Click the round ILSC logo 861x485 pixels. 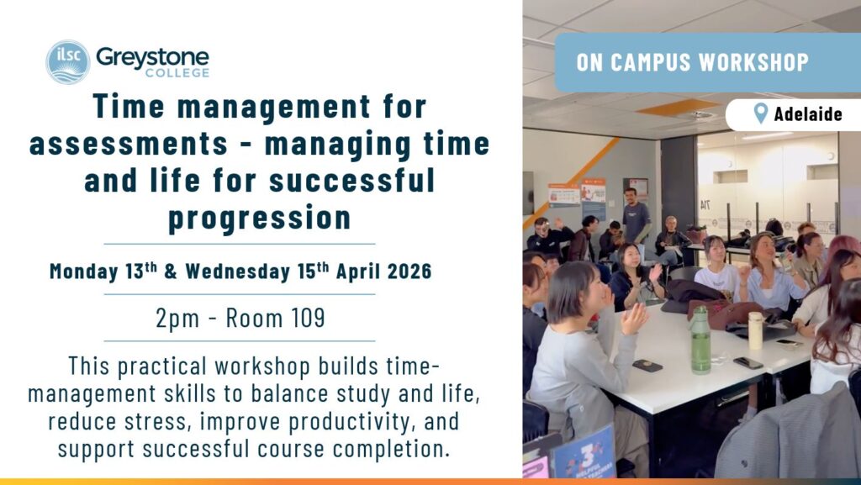tap(67, 62)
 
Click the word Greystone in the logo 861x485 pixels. tap(153, 57)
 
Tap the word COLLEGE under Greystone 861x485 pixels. tap(177, 73)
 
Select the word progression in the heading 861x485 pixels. tap(259, 217)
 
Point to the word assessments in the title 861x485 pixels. tap(129, 144)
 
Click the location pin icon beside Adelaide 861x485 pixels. tap(760, 113)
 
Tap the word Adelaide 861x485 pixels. tap(808, 114)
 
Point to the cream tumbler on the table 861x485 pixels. tap(756, 330)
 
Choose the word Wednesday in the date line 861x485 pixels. tap(237, 271)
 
